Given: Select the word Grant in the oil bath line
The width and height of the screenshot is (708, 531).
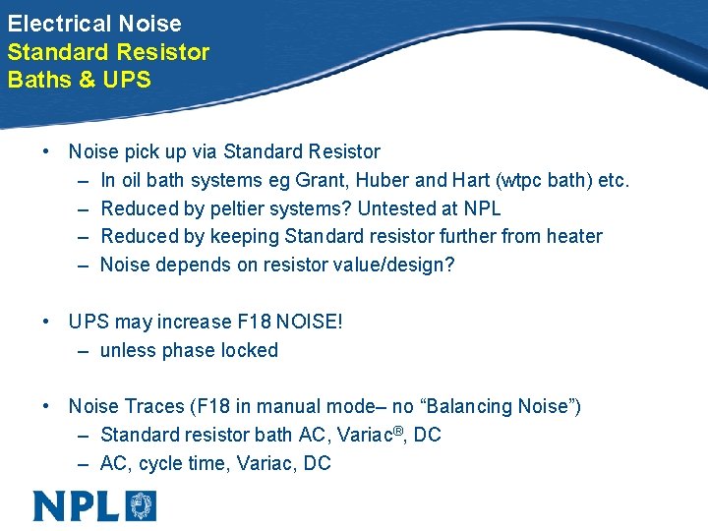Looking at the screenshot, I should [324, 180].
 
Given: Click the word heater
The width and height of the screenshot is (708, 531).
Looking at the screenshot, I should [574, 236].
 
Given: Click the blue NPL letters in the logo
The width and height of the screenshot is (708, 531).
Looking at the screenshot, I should [76, 505].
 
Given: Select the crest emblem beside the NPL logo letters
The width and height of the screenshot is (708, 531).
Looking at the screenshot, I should [140, 505].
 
